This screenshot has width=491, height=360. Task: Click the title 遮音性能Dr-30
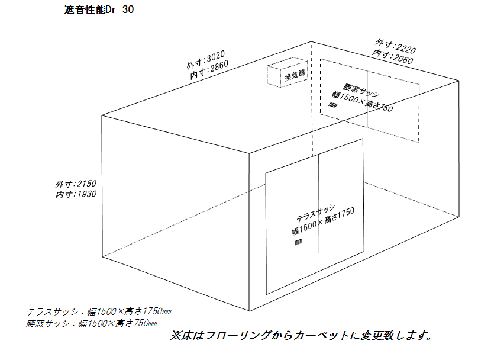[x=99, y=9]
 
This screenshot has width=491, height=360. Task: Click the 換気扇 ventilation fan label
[x=295, y=75]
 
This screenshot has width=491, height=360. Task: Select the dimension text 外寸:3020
[x=205, y=60]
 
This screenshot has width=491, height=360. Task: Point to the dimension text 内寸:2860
[x=209, y=69]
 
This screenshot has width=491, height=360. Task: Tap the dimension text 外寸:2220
[x=396, y=46]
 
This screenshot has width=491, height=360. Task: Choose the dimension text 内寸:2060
[x=393, y=56]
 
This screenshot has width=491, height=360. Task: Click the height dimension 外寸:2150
[x=76, y=184]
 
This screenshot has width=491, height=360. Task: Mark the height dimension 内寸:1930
[x=76, y=194]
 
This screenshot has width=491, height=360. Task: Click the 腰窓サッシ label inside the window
[x=361, y=89]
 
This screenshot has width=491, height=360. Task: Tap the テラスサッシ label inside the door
[x=316, y=213]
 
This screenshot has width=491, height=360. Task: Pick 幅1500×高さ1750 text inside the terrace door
[x=323, y=221]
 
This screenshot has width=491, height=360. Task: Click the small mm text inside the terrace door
[x=298, y=242]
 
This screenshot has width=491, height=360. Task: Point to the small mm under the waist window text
[x=332, y=105]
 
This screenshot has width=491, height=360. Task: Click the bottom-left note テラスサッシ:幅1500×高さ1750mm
[x=99, y=311]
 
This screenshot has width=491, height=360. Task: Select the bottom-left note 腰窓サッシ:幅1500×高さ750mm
[x=92, y=323]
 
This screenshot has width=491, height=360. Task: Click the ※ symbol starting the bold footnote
[x=175, y=336]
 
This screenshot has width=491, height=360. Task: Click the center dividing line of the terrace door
[x=319, y=213]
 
